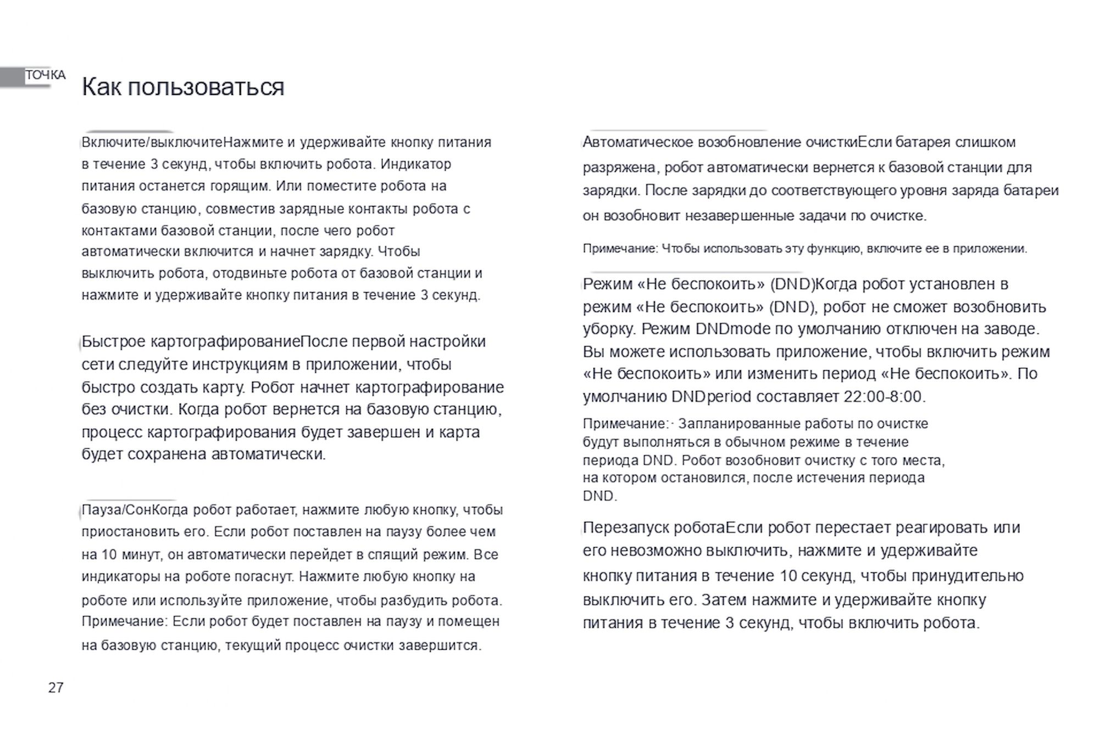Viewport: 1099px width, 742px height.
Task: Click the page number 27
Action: tap(56, 688)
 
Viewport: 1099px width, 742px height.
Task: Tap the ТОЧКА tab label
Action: tap(45, 75)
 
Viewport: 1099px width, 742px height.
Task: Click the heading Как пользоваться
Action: tap(183, 87)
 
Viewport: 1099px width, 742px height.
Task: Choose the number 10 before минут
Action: tap(109, 555)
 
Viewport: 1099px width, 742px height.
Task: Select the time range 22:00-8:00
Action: tap(884, 397)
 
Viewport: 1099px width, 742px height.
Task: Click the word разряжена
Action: tap(619, 168)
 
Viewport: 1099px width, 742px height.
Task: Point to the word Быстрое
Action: tap(113, 342)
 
